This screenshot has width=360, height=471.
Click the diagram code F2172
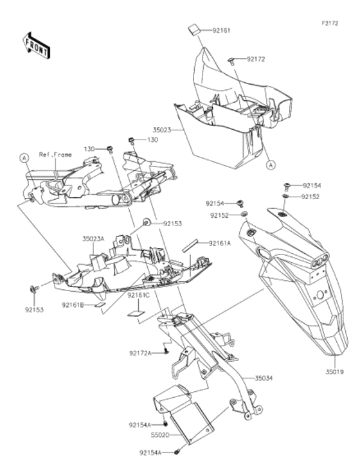(x=330, y=23)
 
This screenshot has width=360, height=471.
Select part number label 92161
(x=221, y=30)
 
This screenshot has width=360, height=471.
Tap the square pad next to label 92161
(x=194, y=31)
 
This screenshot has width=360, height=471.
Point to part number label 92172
(x=256, y=59)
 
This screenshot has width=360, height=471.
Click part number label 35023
(x=161, y=130)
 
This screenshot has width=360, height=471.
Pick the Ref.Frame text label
(x=55, y=155)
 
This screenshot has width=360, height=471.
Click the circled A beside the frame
(x=24, y=157)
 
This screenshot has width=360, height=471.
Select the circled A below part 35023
(x=271, y=164)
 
